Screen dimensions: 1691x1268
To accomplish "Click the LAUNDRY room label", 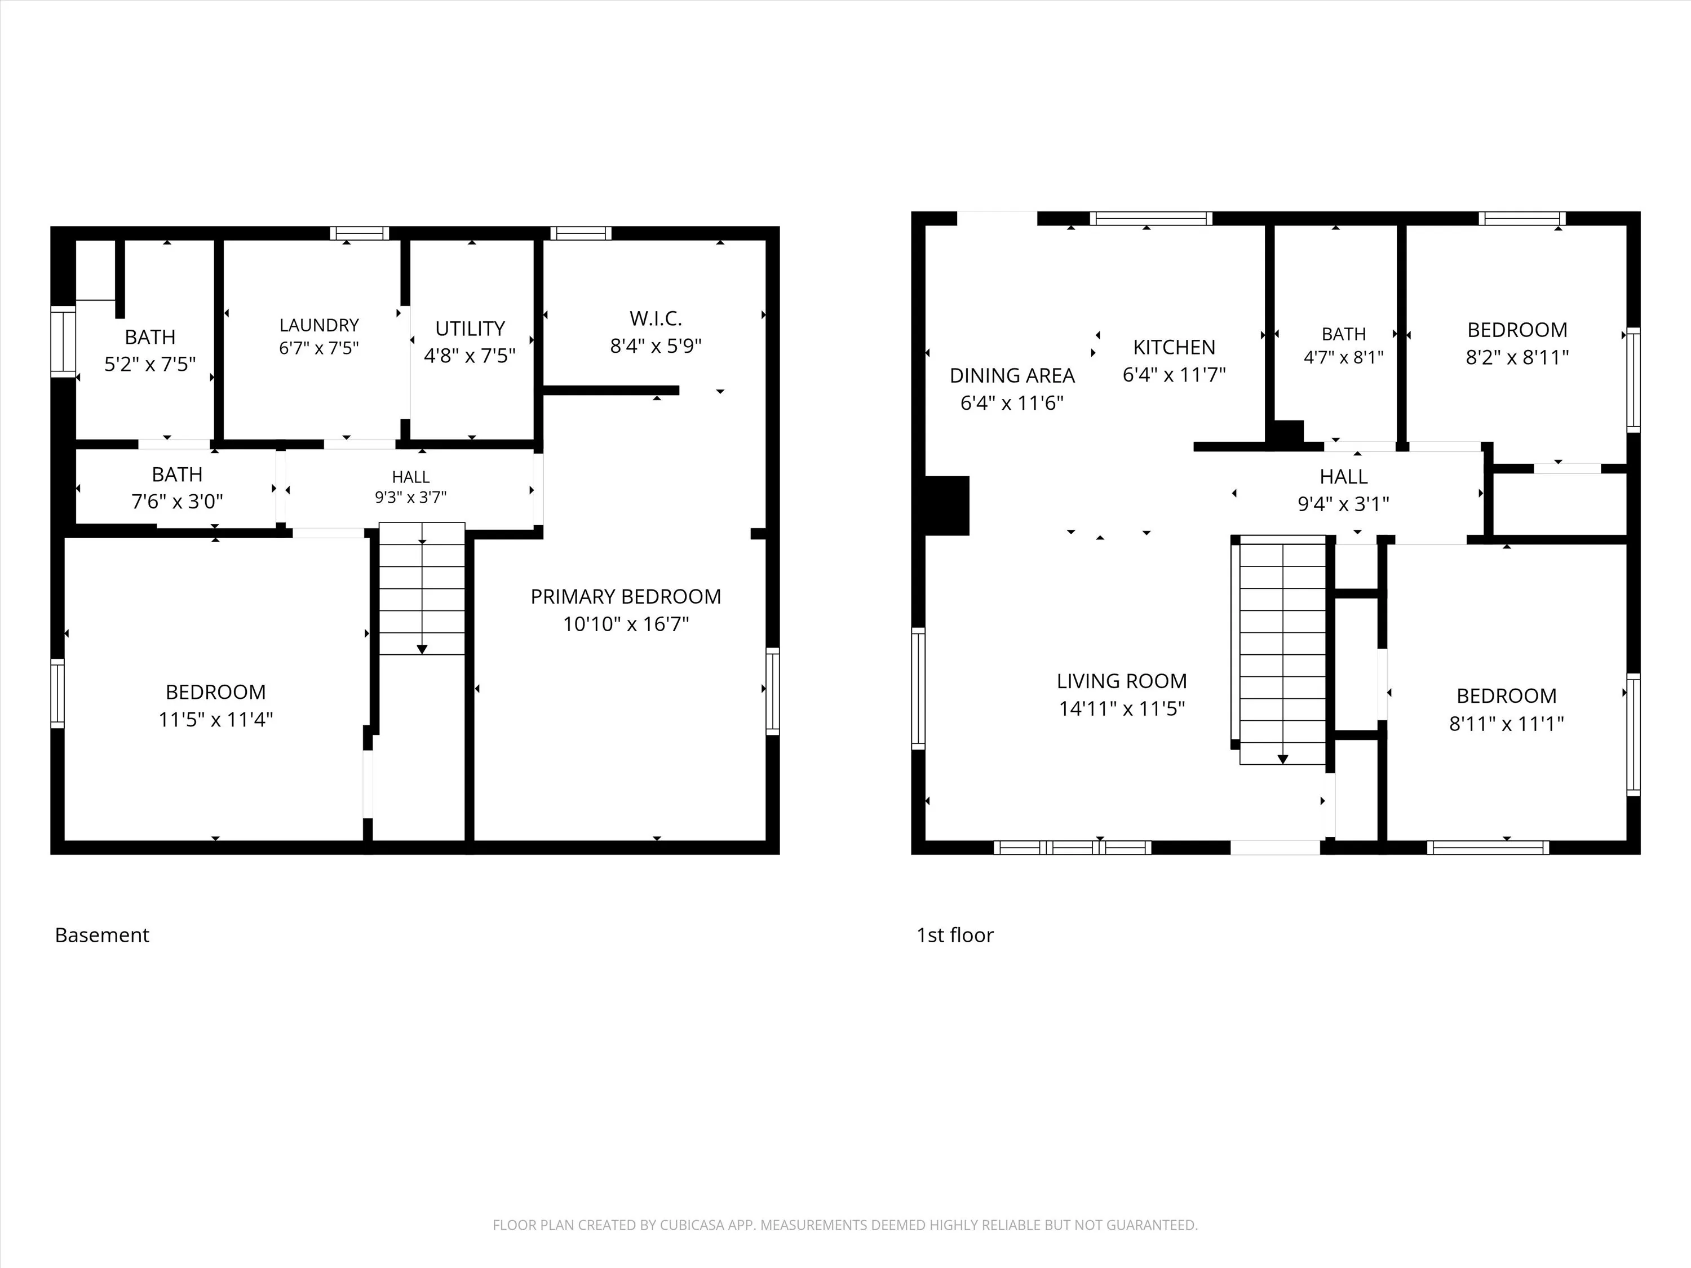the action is pyautogui.click(x=319, y=325).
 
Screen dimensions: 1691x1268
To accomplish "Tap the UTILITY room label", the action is pyautogui.click(x=470, y=329).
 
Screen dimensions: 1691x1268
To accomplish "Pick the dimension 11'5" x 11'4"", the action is pyautogui.click(x=215, y=719).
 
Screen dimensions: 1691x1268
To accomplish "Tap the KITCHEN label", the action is pyautogui.click(x=1174, y=347).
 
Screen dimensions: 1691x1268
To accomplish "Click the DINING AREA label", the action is pyautogui.click(x=1012, y=375).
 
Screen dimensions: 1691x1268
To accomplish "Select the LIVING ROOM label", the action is pyautogui.click(x=1122, y=681).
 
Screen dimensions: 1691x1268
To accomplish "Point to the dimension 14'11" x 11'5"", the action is pyautogui.click(x=1122, y=708).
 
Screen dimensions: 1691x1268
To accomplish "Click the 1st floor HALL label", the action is pyautogui.click(x=1343, y=477).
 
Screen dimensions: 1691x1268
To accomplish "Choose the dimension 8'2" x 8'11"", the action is pyautogui.click(x=1517, y=357).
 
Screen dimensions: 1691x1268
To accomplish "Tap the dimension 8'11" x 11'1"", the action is pyautogui.click(x=1507, y=723).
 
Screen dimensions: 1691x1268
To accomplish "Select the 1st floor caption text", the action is pyautogui.click(x=955, y=935).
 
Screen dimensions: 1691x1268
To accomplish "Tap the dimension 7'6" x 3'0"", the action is pyautogui.click(x=178, y=502).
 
